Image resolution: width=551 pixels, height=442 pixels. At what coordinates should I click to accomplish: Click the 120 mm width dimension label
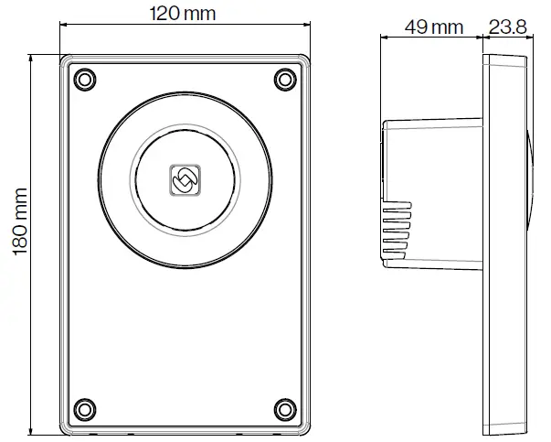(x=185, y=15)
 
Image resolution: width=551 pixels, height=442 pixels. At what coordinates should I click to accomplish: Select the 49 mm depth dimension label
(x=434, y=27)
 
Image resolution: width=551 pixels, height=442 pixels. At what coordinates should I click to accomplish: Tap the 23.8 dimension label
(x=509, y=27)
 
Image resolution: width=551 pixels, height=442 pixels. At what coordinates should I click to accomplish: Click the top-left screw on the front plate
(x=84, y=80)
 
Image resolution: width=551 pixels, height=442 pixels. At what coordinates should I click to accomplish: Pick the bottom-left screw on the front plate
(x=84, y=407)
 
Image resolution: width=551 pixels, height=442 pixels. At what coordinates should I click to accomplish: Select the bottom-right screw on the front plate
(x=285, y=407)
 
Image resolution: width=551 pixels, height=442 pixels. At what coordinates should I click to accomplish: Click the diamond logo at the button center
(x=184, y=181)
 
